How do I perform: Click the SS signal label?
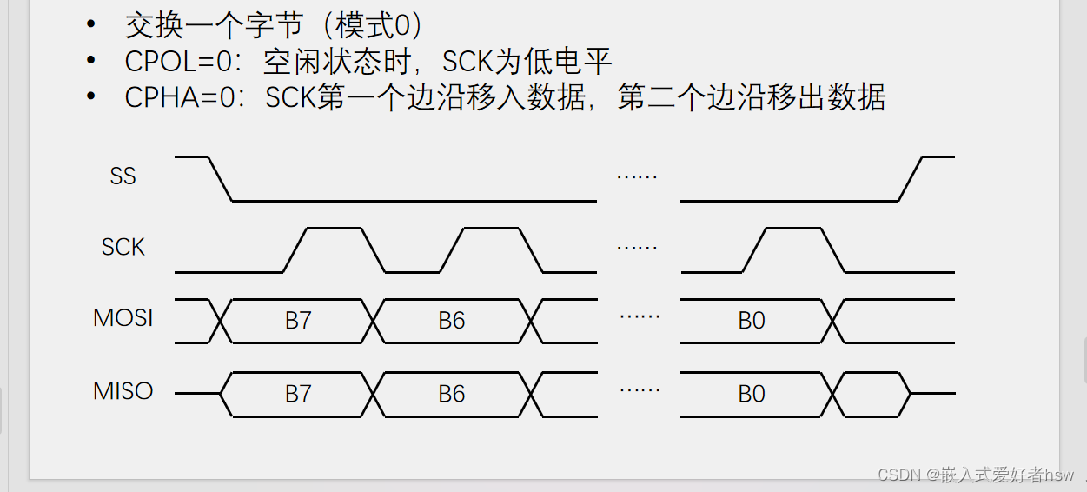(123, 176)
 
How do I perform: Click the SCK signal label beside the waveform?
(123, 248)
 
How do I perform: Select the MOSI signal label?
(123, 318)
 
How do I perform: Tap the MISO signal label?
(123, 391)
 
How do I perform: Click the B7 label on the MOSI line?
(298, 321)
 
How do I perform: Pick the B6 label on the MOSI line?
(451, 321)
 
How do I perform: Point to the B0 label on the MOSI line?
(752, 321)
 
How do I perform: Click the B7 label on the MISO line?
(298, 394)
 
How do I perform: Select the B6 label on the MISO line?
(451, 394)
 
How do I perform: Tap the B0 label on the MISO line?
(752, 394)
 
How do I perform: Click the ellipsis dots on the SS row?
(637, 176)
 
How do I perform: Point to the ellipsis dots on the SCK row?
(637, 248)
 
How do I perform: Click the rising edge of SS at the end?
(911, 179)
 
